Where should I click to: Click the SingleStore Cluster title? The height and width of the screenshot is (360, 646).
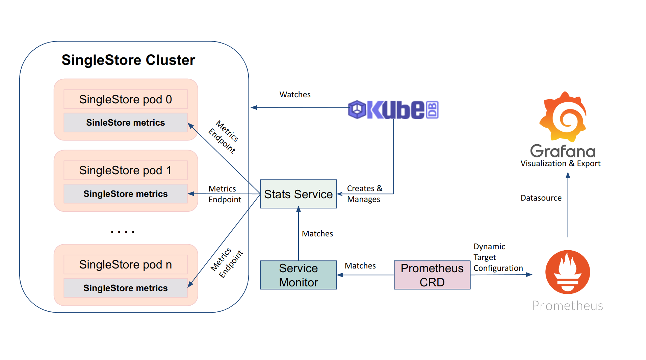(128, 60)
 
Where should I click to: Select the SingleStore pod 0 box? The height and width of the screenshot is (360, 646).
(125, 99)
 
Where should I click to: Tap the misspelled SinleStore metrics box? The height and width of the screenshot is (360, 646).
(125, 123)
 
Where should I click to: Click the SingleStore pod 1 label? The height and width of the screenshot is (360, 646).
(125, 170)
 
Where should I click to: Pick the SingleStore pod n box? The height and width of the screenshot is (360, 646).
(125, 264)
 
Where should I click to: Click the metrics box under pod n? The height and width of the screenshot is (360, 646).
(125, 288)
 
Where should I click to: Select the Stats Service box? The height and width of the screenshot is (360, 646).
(298, 194)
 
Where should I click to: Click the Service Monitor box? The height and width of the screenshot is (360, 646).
(298, 275)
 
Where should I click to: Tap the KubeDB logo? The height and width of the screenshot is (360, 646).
(393, 110)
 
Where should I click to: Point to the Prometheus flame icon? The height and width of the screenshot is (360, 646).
(567, 272)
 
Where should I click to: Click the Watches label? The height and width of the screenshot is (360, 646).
(295, 95)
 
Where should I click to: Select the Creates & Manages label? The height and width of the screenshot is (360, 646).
(364, 194)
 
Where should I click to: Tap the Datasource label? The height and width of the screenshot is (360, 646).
(541, 198)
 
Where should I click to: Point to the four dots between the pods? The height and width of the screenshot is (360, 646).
(123, 232)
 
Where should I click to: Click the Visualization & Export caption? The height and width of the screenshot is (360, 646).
(560, 163)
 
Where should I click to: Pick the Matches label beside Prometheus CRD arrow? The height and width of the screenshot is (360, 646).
(360, 266)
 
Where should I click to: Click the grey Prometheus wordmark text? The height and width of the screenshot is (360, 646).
(567, 306)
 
